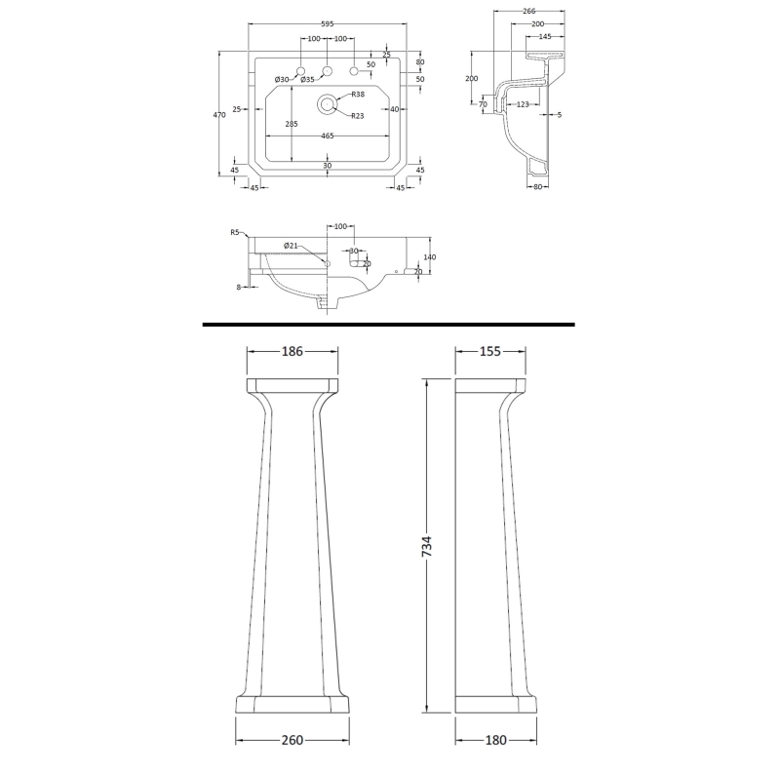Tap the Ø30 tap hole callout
coord(281,79)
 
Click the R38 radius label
coord(358,94)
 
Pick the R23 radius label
coord(358,115)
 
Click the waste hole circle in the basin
coord(327,100)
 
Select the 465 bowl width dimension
coord(327,136)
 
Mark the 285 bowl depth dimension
coord(292,124)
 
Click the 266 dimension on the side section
coord(529,13)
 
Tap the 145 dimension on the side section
coord(544,36)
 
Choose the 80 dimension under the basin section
coord(537,188)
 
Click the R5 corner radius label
coord(235,232)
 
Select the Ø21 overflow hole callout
coord(291,245)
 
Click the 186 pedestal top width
coord(292,352)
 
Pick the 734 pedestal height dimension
coord(426,546)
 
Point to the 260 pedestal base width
coord(292,740)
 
